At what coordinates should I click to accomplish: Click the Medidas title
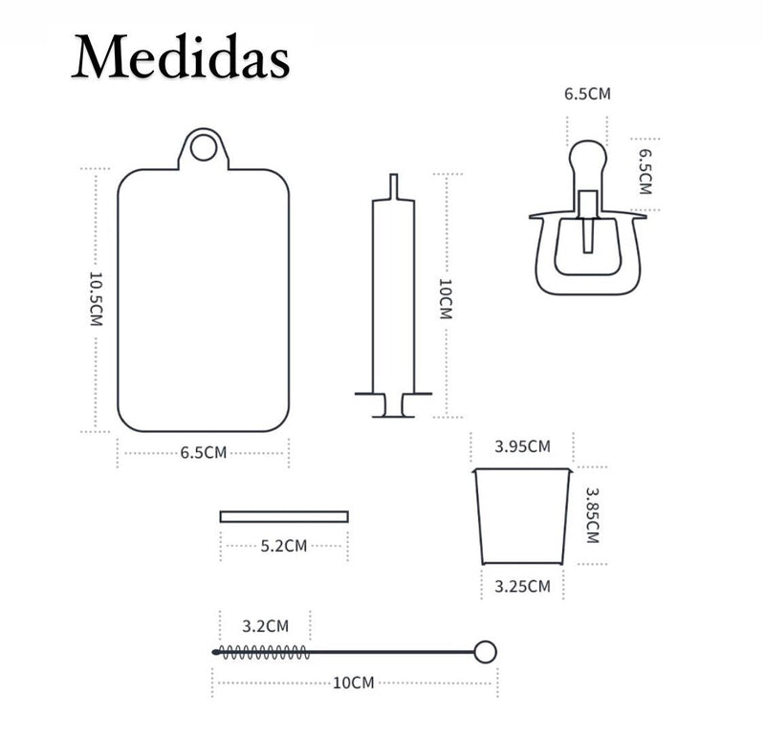pos(181,56)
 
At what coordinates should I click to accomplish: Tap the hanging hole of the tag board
pos(204,147)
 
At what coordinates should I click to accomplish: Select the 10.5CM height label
pos(96,299)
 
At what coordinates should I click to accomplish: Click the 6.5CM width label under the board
pos(204,453)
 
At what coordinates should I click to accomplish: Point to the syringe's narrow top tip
pos(394,185)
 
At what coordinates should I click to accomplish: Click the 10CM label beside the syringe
pos(446,299)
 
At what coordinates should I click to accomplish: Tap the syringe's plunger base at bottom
pos(393,405)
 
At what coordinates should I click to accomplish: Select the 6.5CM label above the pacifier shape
pos(587,94)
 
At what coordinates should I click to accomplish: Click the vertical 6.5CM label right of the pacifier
pos(645,172)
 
